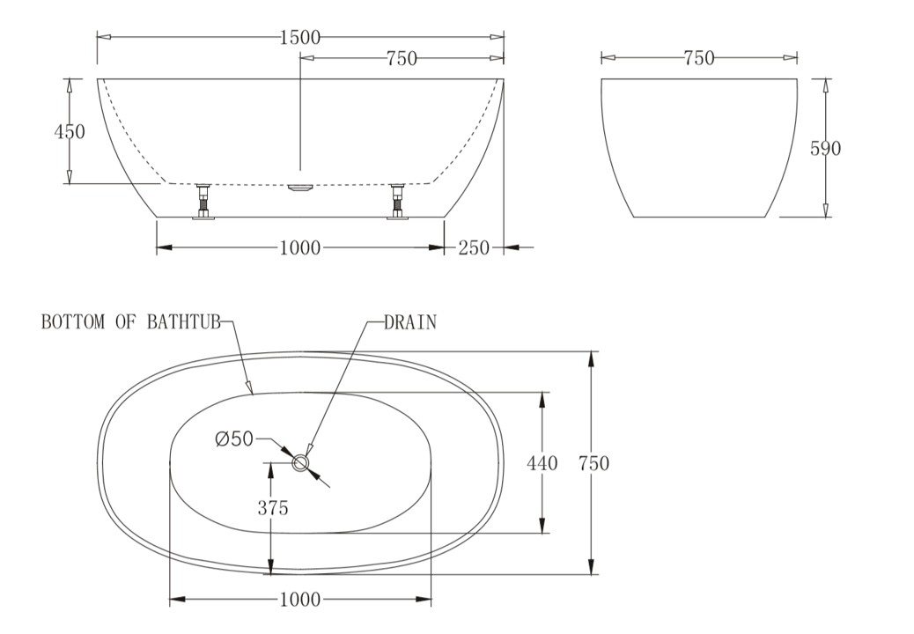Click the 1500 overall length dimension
pyautogui.click(x=299, y=37)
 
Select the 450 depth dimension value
pyautogui.click(x=70, y=132)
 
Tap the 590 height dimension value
pyautogui.click(x=825, y=148)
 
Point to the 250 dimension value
pyautogui.click(x=474, y=248)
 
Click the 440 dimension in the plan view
pyautogui.click(x=541, y=463)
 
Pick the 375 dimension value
pyautogui.click(x=272, y=508)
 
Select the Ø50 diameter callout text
pyautogui.click(x=234, y=438)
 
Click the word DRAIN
pyautogui.click(x=409, y=322)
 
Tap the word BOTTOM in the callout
pyautogui.click(x=74, y=322)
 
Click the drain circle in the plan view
pyautogui.click(x=301, y=462)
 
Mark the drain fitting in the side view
pyautogui.click(x=300, y=188)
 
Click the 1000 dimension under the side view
pyautogui.click(x=299, y=248)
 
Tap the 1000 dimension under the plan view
pyautogui.click(x=299, y=601)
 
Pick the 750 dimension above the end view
pyautogui.click(x=698, y=58)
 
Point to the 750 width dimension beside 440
pyautogui.click(x=593, y=463)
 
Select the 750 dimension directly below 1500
pyautogui.click(x=401, y=59)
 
